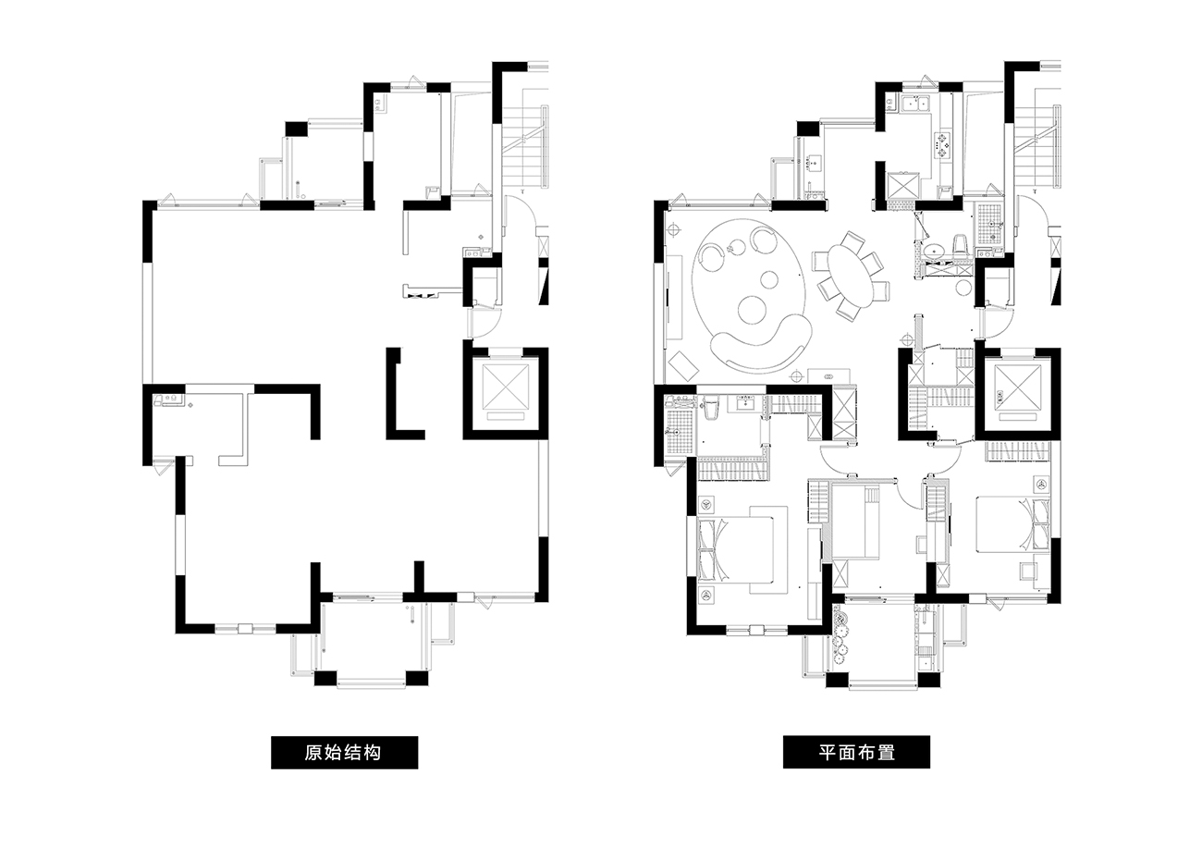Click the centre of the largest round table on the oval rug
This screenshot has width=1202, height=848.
pos(754,310)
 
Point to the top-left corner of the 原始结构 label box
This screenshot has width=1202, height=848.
pos(271,736)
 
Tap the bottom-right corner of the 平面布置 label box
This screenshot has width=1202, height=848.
pos(930,768)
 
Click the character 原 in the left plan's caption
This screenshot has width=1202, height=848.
pos(314,753)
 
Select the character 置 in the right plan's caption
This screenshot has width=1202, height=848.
pos(886,752)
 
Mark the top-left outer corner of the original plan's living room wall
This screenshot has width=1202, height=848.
pos(142,200)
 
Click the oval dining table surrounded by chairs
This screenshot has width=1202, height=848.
pos(850,277)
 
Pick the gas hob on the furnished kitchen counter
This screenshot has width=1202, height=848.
pos(943,145)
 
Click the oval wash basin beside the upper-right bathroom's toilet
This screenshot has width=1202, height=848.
pos(936,251)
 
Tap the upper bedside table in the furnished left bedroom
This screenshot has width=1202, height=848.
pos(706,505)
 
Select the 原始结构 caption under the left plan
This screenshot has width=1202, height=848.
pos(343,753)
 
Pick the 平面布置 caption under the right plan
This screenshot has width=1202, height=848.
pos(857,752)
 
